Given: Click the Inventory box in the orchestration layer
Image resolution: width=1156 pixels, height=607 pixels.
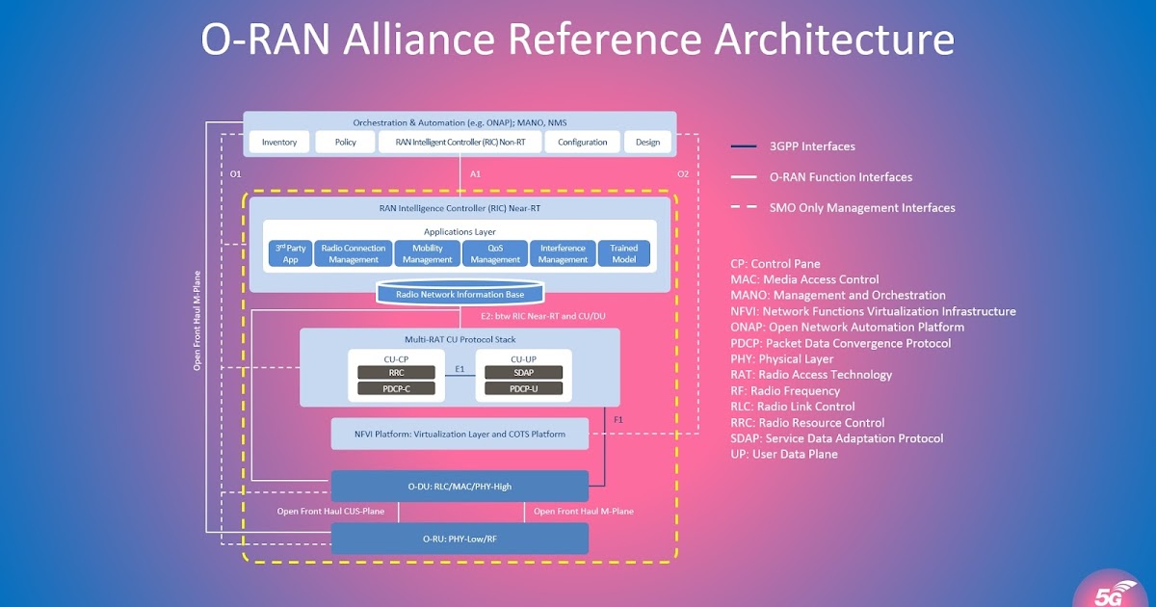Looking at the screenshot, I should [279, 142].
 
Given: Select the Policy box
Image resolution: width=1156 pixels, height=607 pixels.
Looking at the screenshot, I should [346, 142].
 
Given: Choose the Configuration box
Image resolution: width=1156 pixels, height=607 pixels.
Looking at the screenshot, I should [582, 142].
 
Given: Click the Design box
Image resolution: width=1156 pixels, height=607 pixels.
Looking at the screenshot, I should [647, 142].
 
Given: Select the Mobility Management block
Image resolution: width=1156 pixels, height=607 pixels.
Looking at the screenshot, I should [427, 253].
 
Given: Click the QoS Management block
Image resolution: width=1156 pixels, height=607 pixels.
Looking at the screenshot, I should [495, 253].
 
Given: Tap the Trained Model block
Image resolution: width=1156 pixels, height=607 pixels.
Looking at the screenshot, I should [624, 253].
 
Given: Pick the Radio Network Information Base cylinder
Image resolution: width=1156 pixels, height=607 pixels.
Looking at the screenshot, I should [460, 293].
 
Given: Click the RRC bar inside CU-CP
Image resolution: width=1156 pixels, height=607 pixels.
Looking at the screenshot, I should [396, 372].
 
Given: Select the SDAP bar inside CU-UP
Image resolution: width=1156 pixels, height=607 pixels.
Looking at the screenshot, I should [523, 372].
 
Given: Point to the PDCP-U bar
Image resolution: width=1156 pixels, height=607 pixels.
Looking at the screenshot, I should [523, 388].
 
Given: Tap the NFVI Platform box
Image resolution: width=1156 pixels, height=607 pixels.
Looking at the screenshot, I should [460, 434].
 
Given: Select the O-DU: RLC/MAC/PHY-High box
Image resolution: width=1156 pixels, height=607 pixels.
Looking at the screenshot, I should [460, 486].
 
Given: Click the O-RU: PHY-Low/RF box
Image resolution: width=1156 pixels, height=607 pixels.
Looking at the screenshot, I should [460, 539].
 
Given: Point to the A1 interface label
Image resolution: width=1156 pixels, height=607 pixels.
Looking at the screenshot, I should [474, 174].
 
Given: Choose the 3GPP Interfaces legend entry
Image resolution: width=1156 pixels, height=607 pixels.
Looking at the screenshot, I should [812, 146].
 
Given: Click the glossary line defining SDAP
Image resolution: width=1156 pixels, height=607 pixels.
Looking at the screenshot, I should [837, 438].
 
